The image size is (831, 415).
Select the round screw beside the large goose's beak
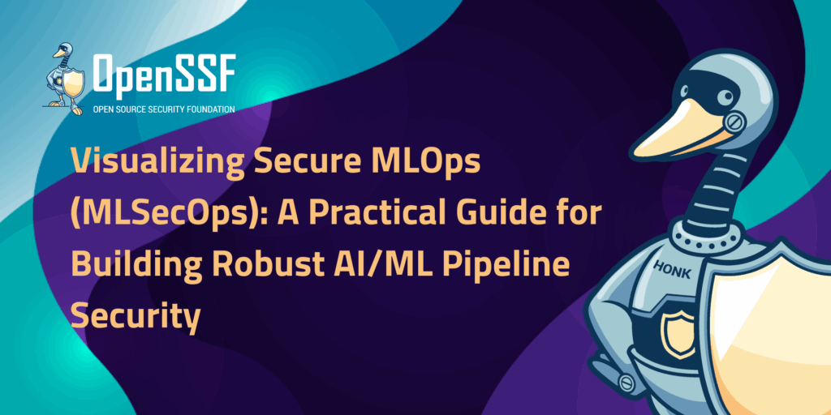(x=734, y=123)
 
